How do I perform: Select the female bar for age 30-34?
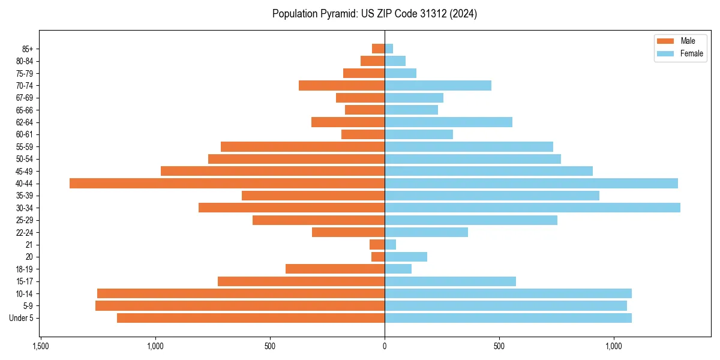[532, 208]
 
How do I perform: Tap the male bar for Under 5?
[251, 318]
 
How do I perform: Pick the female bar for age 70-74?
[438, 85]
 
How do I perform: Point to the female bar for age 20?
[406, 257]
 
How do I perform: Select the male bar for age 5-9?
[240, 305]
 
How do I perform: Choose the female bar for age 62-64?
[448, 122]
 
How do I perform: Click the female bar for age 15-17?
[450, 281]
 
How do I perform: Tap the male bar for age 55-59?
[302, 146]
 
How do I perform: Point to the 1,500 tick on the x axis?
[40, 347]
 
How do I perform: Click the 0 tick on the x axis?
[385, 347]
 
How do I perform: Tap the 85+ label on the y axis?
[26, 49]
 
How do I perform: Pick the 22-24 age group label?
[25, 232]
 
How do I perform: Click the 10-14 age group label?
[25, 293]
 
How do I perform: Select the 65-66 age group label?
[25, 110]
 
